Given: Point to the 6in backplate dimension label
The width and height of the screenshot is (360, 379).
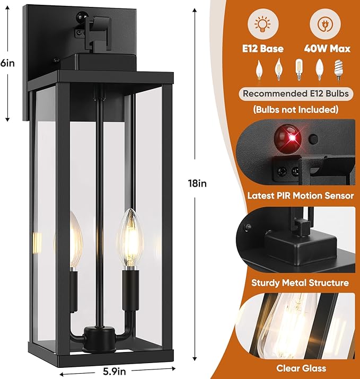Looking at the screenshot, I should click(7, 63).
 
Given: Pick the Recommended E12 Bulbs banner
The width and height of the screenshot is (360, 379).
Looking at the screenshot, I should click(296, 94).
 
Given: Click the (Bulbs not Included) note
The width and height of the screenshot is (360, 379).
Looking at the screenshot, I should click(296, 110).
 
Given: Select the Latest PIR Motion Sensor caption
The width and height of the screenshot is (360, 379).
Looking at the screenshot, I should click(301, 196).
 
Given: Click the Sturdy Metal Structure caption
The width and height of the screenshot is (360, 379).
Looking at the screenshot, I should click(301, 283).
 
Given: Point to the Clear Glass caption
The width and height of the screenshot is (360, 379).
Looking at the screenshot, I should click(301, 368).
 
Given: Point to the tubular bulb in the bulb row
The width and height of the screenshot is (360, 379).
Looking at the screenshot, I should click(299, 69).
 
